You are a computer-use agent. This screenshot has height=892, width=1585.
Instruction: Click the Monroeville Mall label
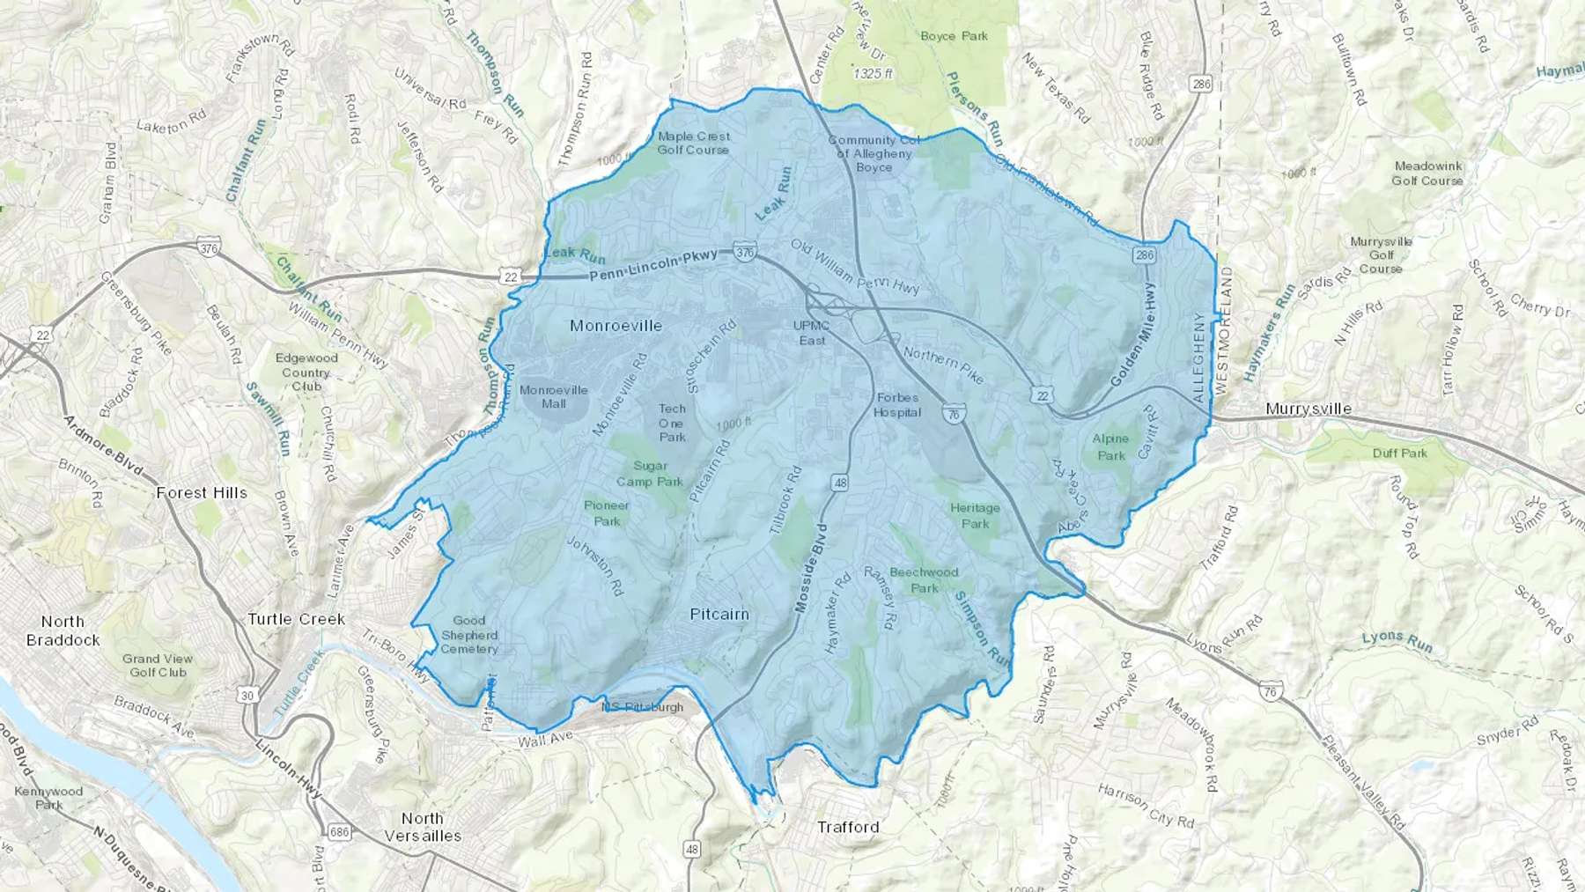coord(554,396)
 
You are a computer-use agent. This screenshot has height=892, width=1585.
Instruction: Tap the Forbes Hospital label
coord(897,405)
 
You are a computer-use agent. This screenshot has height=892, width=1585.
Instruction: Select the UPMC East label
coord(812,333)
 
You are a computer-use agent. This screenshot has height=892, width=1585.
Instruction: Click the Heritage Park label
coord(975,515)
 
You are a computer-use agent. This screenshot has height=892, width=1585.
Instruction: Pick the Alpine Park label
coord(1110,446)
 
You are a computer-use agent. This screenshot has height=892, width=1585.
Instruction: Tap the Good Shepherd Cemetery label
coord(469,635)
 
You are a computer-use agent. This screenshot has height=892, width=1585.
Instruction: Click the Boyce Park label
coord(954,36)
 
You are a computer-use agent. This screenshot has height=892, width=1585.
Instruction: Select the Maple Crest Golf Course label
coord(694,143)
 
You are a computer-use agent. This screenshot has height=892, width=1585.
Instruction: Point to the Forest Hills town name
coord(202,493)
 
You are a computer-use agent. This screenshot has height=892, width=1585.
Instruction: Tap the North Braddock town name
coord(63,630)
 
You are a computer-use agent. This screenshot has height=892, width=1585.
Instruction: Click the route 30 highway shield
coord(247,696)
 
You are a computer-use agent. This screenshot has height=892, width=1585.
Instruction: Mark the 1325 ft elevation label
coord(873,74)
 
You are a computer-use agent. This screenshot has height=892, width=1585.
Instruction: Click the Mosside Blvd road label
coord(812,569)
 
